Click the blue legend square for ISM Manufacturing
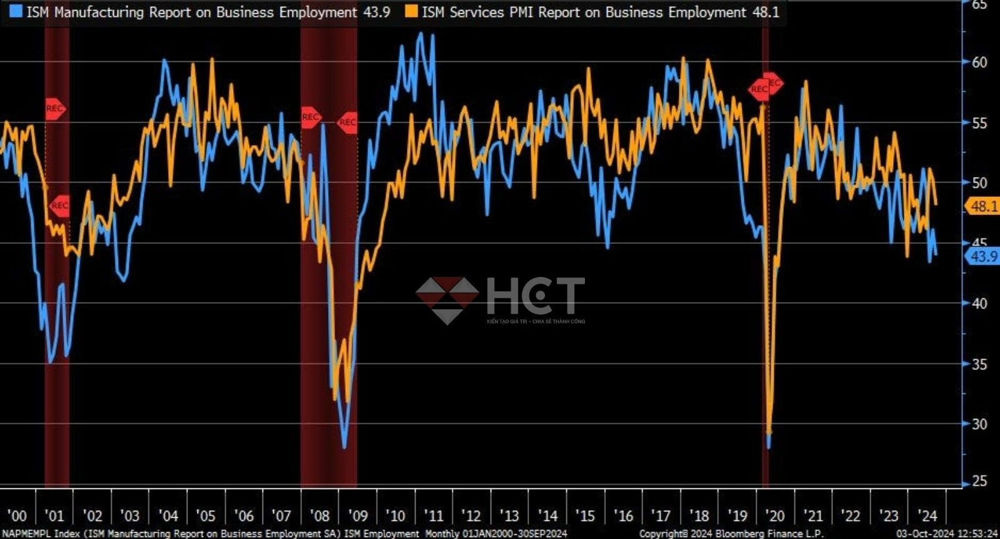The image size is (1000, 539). tap(16, 11)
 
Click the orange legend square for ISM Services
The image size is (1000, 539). tap(411, 11)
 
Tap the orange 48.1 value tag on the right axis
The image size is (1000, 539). tap(983, 206)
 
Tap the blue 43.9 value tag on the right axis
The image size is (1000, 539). tap(983, 256)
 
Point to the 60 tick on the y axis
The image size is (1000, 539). tap(979, 62)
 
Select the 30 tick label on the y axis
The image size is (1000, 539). tap(979, 424)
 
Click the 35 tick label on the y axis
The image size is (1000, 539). tap(979, 364)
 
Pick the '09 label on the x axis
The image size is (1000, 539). tap(357, 516)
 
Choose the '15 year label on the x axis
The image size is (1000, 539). tap(585, 516)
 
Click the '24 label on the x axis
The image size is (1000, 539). tap(927, 516)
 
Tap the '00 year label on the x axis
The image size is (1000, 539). tap(17, 516)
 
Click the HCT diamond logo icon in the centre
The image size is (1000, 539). tap(447, 300)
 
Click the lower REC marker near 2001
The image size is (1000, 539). tap(59, 205)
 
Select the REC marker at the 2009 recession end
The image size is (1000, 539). tap(347, 122)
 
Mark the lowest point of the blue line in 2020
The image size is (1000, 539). tap(768, 445)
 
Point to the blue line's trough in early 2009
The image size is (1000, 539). tap(344, 446)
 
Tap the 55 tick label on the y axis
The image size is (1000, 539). tap(979, 123)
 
